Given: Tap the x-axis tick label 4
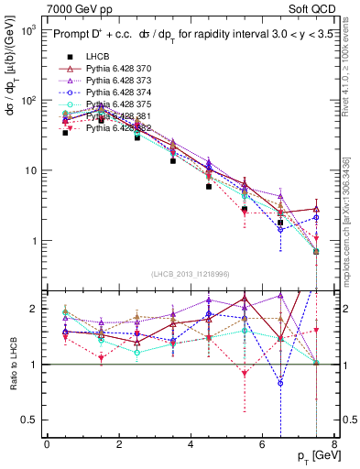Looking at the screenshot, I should pos(190,444).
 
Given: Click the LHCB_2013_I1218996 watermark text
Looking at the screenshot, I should pos(190,275).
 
